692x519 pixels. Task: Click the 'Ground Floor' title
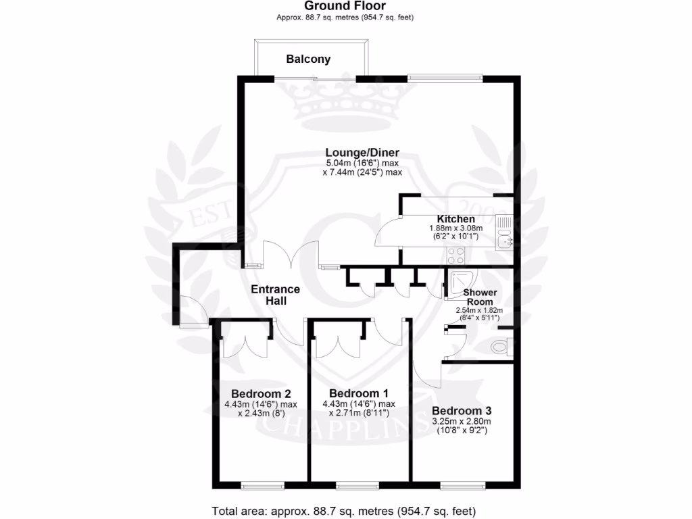(345, 6)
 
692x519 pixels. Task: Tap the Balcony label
(308, 59)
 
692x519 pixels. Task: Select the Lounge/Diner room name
(362, 152)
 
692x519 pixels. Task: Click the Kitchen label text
(455, 219)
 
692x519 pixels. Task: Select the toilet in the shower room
(501, 347)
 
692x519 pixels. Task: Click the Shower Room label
(479, 297)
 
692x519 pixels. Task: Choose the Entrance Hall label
(275, 295)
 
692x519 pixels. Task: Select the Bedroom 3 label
(462, 411)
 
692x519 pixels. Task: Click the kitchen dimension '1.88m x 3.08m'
(456, 229)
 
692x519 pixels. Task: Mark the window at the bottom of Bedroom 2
(263, 485)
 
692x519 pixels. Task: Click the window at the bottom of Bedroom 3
(462, 485)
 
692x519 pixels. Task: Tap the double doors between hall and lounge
(291, 255)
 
